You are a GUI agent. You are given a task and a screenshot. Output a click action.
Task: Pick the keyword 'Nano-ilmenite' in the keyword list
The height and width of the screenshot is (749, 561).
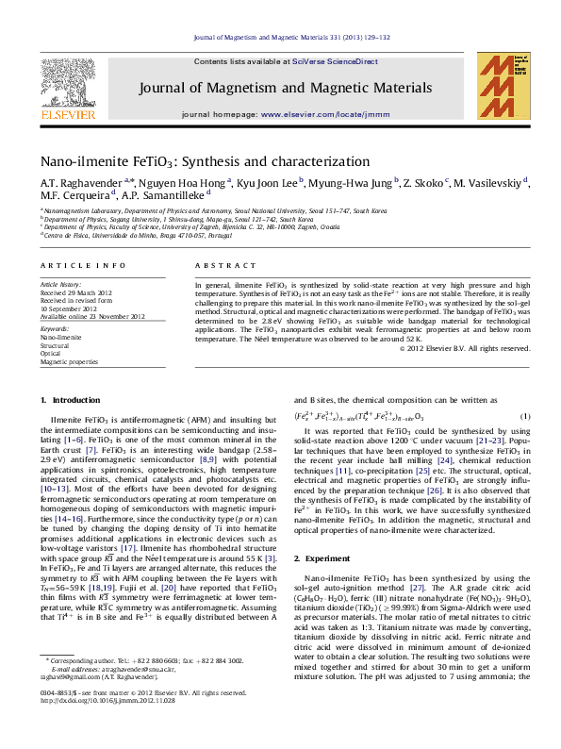point(60,337)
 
